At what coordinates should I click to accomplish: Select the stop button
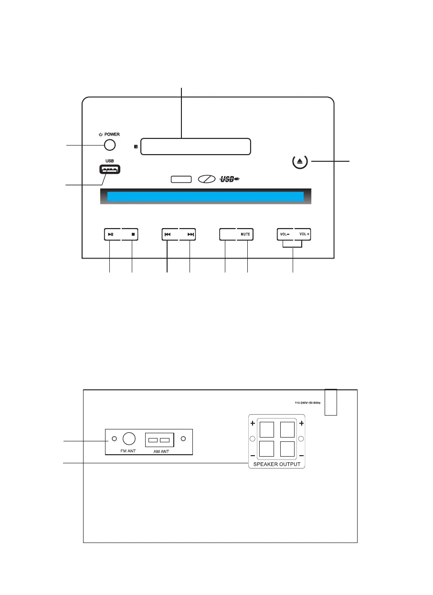[x=133, y=234]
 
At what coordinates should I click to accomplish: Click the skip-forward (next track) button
[x=190, y=234]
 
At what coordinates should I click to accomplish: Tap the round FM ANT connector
[x=129, y=439]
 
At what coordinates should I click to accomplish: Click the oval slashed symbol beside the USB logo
[x=206, y=179]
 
